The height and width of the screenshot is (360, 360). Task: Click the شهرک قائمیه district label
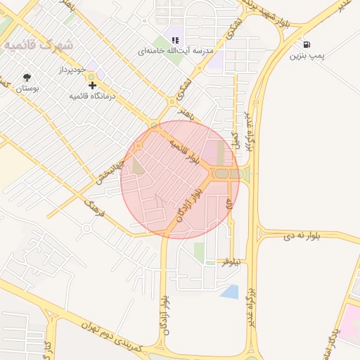(38, 44)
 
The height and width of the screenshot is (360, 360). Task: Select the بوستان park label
(27, 89)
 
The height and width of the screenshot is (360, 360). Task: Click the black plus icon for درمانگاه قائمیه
(93, 84)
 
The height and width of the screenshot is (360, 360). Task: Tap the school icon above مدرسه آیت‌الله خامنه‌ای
(174, 41)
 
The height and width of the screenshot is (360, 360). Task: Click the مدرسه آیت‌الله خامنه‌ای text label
(166, 52)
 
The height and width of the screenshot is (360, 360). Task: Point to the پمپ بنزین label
(307, 56)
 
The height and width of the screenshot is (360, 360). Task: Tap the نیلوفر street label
(231, 262)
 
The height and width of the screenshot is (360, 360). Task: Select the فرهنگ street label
(94, 208)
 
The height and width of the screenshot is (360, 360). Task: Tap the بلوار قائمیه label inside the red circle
(184, 152)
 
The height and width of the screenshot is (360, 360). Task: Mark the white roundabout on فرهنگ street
(86, 228)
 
